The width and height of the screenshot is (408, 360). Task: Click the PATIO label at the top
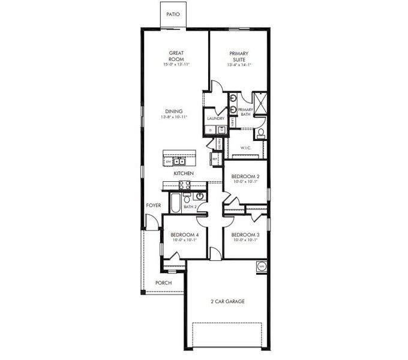coord(172,13)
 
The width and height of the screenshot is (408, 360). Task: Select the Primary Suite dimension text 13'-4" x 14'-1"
coord(239,65)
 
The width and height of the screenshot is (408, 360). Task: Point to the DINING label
coord(174,111)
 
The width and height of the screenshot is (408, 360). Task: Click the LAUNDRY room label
coord(215,119)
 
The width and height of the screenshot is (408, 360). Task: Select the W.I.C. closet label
coord(245,147)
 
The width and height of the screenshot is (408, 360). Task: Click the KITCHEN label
coord(184,173)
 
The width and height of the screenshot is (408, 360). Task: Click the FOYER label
coord(154,205)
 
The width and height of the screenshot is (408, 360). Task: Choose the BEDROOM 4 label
coord(184,235)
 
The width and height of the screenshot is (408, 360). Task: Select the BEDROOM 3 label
coord(244,235)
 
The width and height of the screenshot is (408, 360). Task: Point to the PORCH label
coord(163,283)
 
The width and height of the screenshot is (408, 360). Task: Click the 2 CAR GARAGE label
coord(228,301)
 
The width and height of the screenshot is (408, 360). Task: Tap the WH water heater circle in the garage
coord(261,265)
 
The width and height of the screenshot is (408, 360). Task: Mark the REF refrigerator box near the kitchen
coord(214,158)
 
